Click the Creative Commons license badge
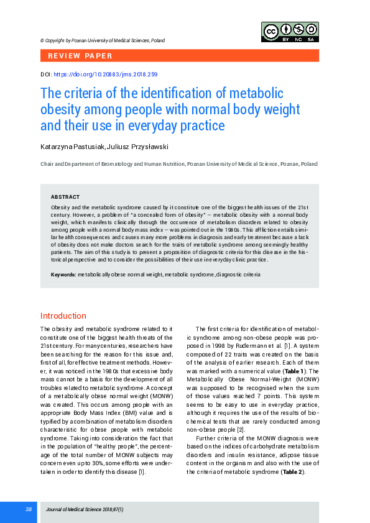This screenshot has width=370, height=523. pyautogui.click(x=290, y=32)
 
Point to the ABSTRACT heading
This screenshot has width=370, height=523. pyautogui.click(x=65, y=196)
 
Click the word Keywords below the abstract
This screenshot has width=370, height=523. pyautogui.click(x=63, y=274)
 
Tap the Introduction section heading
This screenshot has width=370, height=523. pyautogui.click(x=63, y=316)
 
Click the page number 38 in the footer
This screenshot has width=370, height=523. pyautogui.click(x=29, y=509)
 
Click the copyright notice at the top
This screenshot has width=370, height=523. pyautogui.click(x=103, y=40)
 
